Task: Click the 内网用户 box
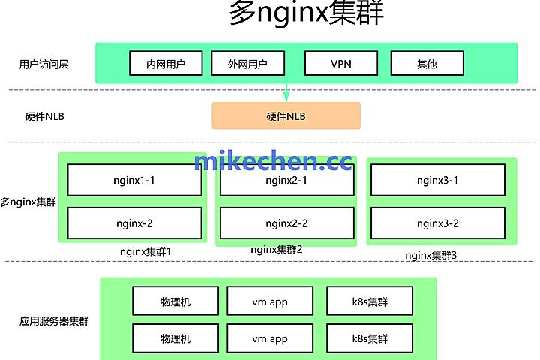click(166, 64)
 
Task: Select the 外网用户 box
click(248, 64)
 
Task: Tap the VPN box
click(340, 64)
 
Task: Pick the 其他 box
click(426, 64)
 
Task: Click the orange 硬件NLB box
click(286, 116)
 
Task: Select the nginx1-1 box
click(134, 181)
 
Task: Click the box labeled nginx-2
click(134, 223)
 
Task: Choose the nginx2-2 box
click(286, 223)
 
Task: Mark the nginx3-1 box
click(437, 181)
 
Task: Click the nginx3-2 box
click(437, 223)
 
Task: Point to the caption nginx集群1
click(145, 251)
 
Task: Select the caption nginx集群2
click(277, 249)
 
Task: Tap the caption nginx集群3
click(431, 255)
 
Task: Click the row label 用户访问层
click(43, 64)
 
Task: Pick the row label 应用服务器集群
click(54, 321)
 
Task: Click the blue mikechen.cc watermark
click(272, 161)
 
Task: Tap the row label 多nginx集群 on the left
click(28, 202)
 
